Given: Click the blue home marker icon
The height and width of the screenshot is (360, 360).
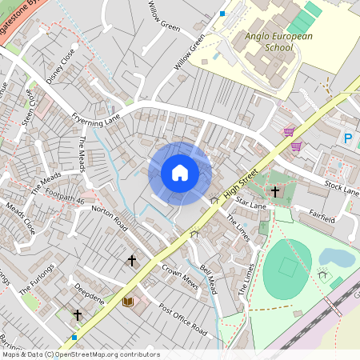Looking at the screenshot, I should coord(180,173).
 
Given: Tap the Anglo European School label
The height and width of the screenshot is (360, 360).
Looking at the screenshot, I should coord(267,42).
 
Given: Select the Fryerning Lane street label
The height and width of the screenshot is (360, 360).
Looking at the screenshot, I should coord(95,120).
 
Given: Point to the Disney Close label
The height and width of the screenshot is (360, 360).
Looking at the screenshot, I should coord(60,66).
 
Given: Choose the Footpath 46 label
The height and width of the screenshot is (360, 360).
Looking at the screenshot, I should coord(65,198).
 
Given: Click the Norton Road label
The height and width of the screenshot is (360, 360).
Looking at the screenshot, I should coord(110,218).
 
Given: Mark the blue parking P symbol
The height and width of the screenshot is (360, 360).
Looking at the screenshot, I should coord(348,138).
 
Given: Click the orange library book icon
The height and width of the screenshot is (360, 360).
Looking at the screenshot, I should coord(128,302).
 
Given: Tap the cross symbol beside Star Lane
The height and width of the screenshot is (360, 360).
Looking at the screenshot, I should coord(275,192).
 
